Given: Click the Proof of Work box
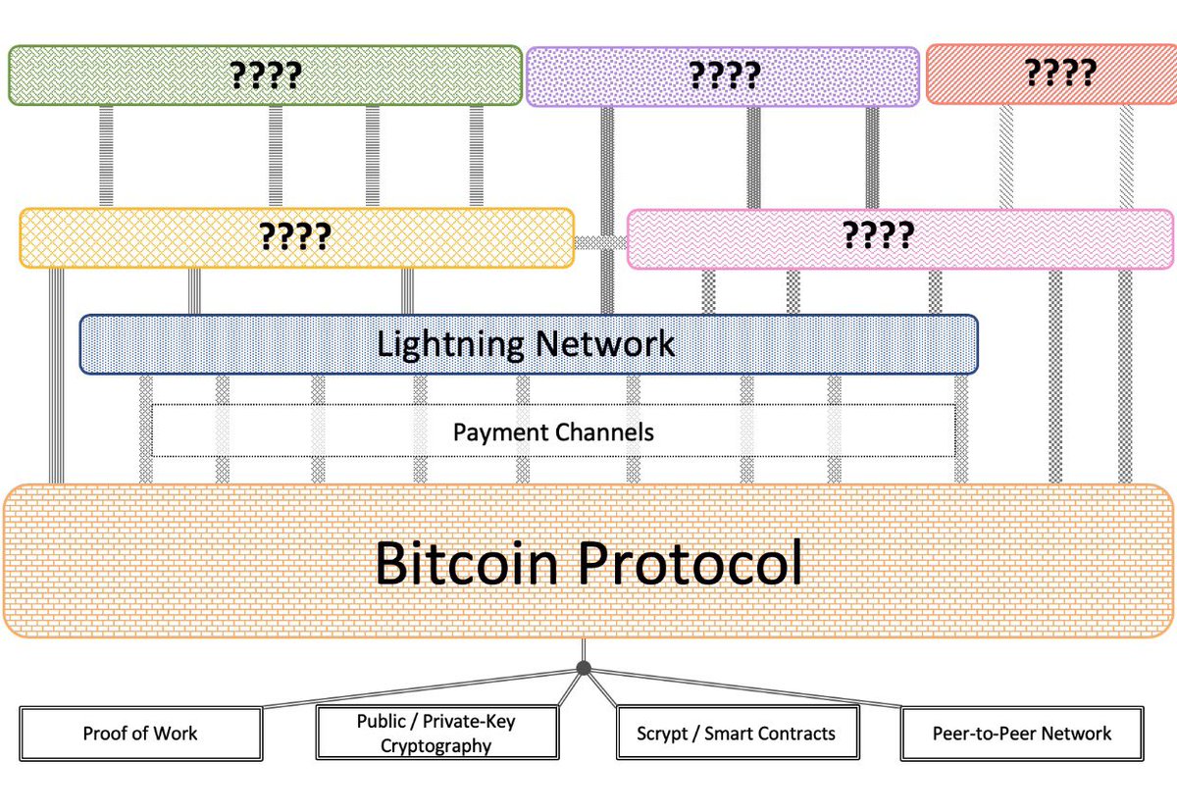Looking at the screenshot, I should click(x=140, y=734).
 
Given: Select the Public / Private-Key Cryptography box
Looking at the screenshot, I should click(x=435, y=734).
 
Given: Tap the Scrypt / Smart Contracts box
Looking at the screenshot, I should click(x=736, y=734).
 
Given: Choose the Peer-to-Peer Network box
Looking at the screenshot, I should click(x=1022, y=734).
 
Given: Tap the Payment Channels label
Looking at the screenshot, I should click(x=553, y=431).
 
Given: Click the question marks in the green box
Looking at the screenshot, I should click(x=265, y=75).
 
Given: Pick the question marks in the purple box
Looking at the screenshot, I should click(x=724, y=76).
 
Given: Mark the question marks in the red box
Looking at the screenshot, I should click(x=1059, y=74).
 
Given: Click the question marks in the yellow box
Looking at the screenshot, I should click(x=294, y=236).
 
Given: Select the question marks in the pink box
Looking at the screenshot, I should click(x=878, y=235).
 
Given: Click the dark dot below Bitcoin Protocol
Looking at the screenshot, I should click(x=584, y=668).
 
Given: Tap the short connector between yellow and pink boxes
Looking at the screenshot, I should click(x=600, y=241).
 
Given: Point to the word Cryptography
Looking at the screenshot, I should click(x=435, y=745).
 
